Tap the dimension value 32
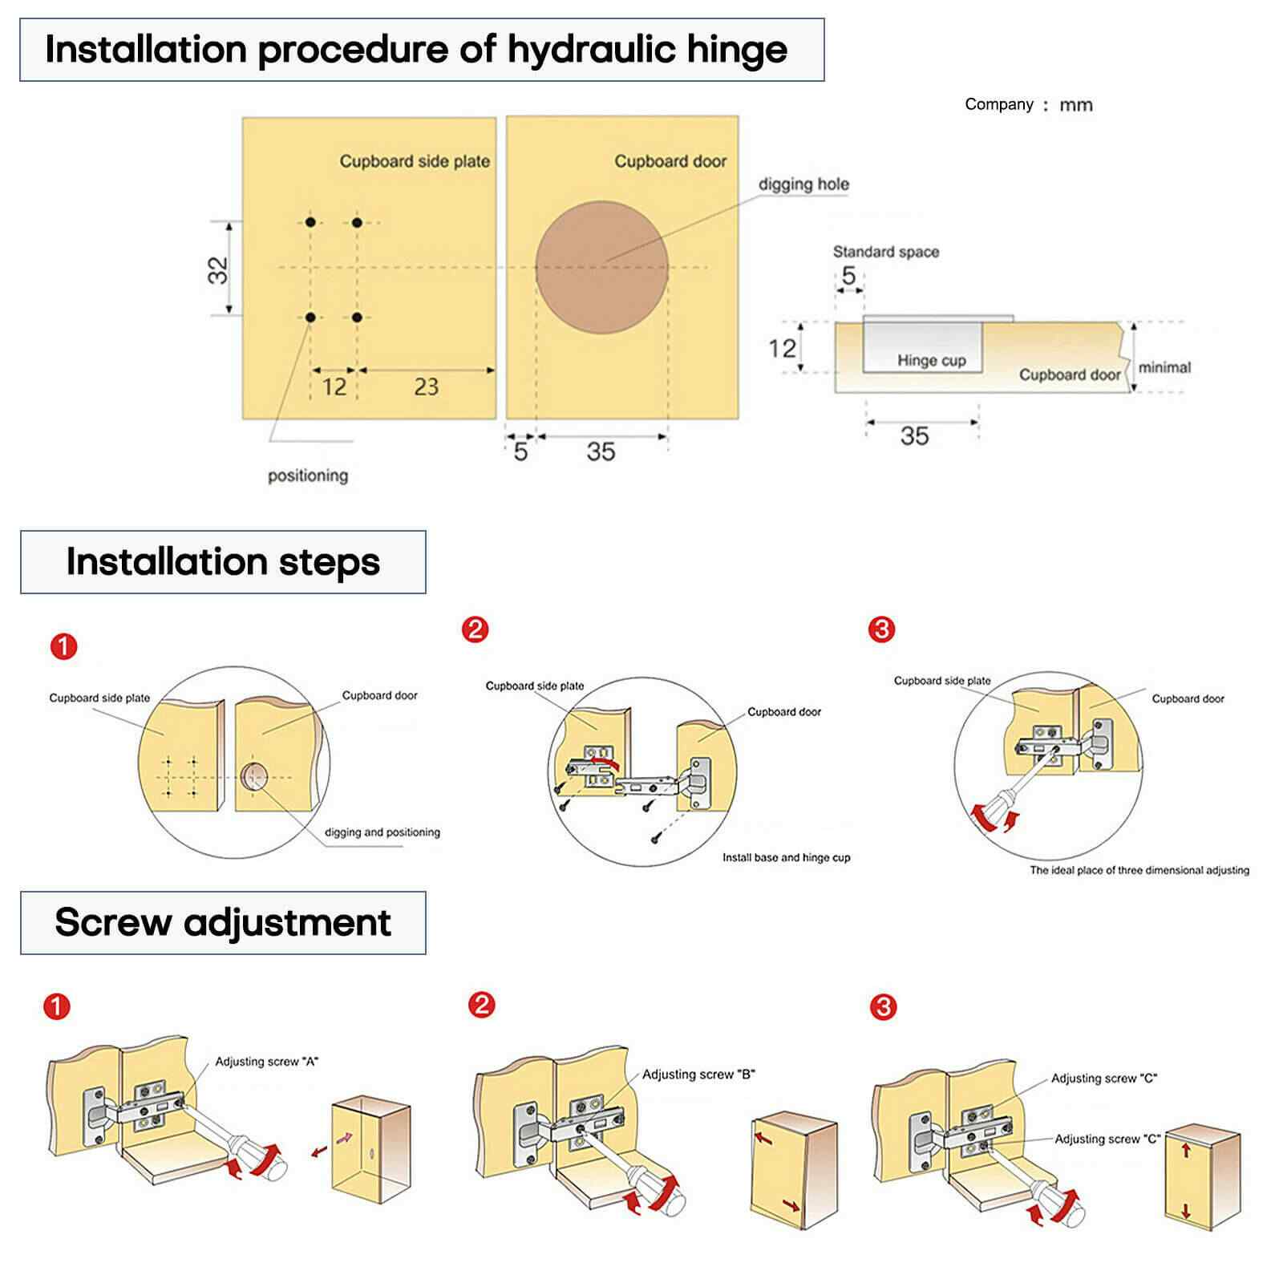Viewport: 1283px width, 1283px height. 217,270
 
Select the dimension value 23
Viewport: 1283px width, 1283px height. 426,387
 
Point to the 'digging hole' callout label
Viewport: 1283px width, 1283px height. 803,184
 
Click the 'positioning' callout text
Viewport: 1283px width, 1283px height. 308,476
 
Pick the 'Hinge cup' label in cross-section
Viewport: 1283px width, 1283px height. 931,361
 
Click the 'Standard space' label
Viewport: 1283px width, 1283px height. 885,252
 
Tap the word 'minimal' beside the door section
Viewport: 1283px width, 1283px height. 1164,367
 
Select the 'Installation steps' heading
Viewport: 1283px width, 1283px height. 223,561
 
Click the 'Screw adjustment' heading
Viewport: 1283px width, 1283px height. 223,922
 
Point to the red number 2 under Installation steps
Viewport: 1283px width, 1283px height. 475,629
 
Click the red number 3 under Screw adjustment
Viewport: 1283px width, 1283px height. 883,1006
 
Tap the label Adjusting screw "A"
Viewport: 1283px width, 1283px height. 266,1062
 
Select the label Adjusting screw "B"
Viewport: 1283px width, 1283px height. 698,1075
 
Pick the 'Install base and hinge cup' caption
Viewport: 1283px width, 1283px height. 786,857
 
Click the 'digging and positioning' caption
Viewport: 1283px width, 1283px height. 382,832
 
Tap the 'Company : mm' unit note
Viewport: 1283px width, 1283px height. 1028,105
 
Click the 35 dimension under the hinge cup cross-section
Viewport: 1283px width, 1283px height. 914,436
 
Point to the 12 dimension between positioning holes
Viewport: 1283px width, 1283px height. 334,387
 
